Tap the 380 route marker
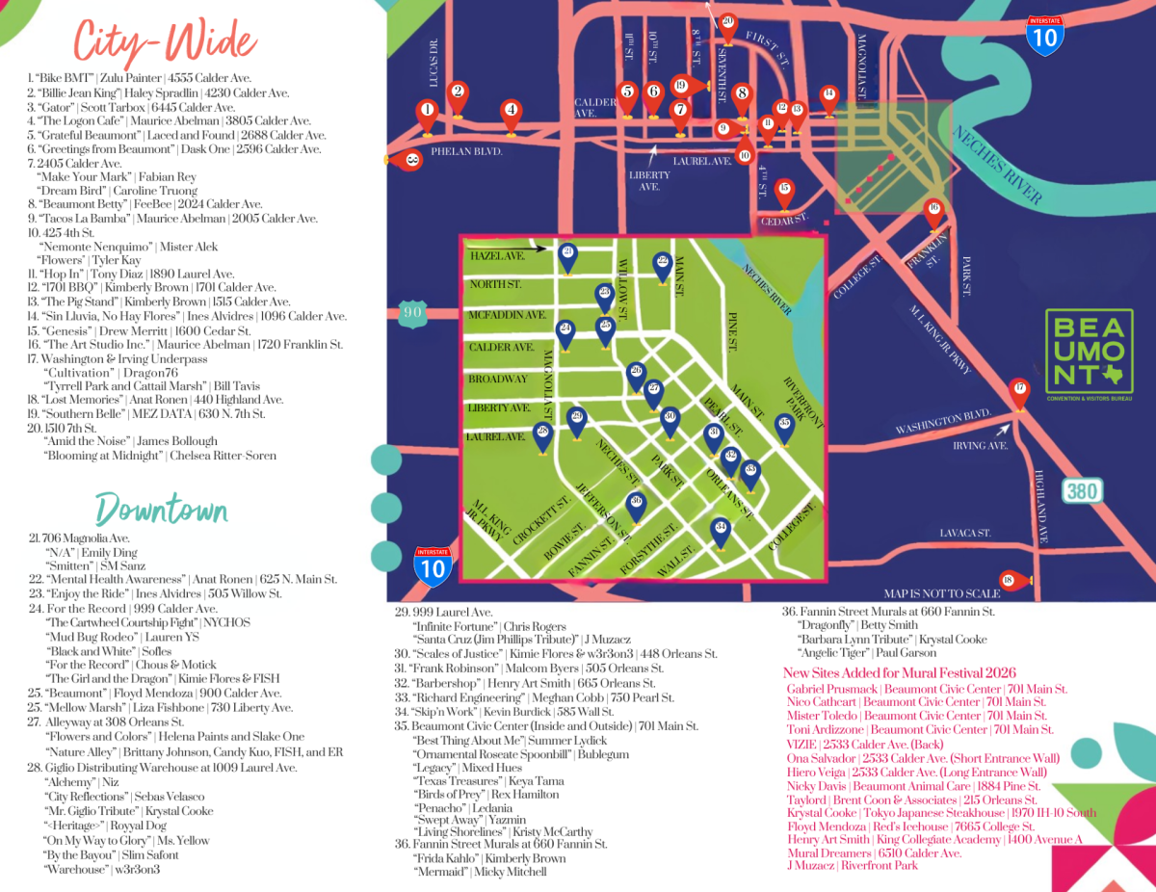(x=1081, y=491)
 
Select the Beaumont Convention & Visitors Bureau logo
(x=1090, y=353)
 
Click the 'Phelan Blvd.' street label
(x=466, y=151)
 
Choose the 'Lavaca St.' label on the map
(x=965, y=533)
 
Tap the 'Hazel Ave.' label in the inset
(x=497, y=257)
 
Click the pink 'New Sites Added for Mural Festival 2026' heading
(x=899, y=672)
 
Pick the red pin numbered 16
(x=933, y=213)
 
